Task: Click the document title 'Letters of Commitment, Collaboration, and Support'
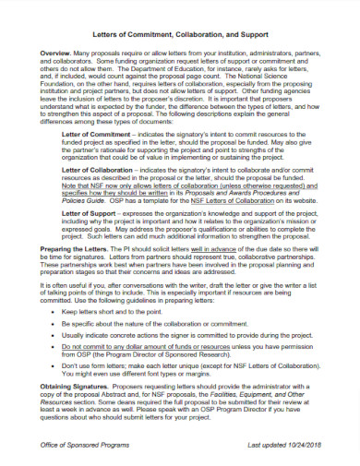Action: (180, 29)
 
